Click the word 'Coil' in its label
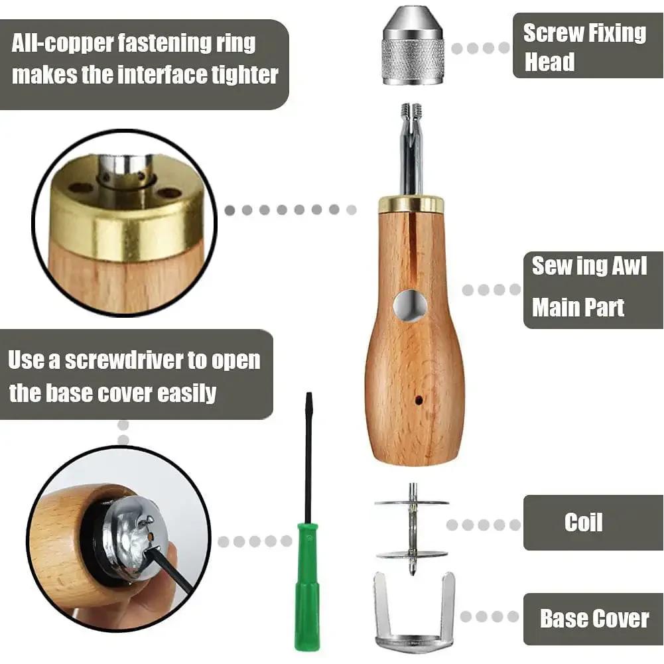(583, 522)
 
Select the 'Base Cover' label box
(593, 619)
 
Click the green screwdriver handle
(306, 584)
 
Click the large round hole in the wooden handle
(409, 306)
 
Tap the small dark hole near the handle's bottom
(419, 401)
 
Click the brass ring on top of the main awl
(411, 204)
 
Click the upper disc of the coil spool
(411, 502)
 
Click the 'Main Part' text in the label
(578, 308)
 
